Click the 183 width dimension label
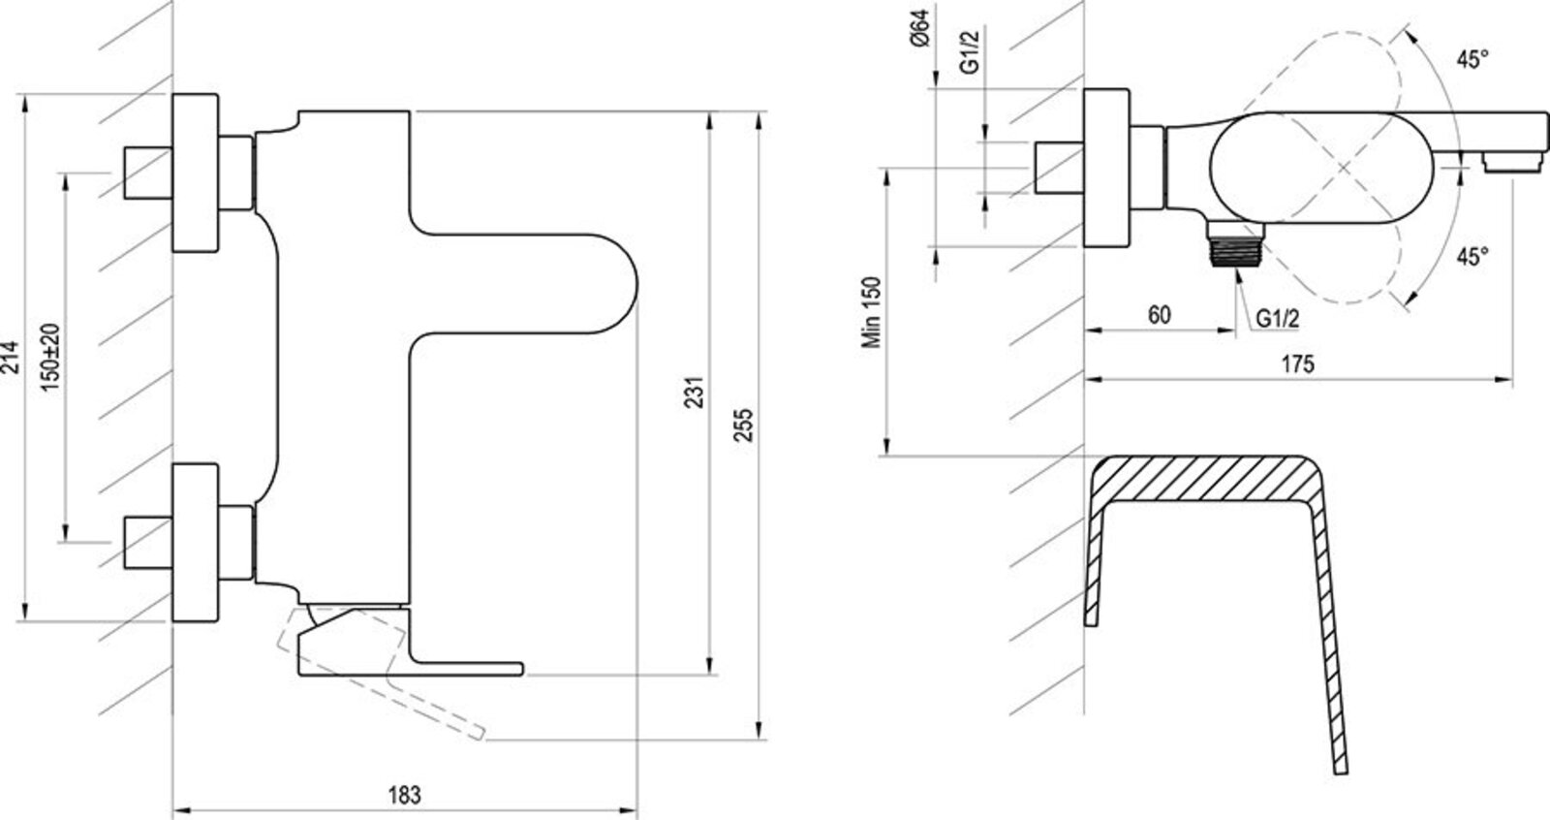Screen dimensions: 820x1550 (405, 795)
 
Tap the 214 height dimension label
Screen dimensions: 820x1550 (12, 360)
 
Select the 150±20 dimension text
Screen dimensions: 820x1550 (52, 356)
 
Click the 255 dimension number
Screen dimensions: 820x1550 (744, 425)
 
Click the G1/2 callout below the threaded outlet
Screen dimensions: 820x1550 (1277, 318)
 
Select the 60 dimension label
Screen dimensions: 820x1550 (1159, 315)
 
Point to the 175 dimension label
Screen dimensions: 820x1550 (1297, 364)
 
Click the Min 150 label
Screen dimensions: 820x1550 (875, 312)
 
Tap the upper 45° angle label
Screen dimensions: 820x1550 (1472, 60)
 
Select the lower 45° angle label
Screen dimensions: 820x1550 (1472, 257)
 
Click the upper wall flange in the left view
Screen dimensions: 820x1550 (196, 173)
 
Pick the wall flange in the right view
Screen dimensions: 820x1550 (1105, 167)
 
